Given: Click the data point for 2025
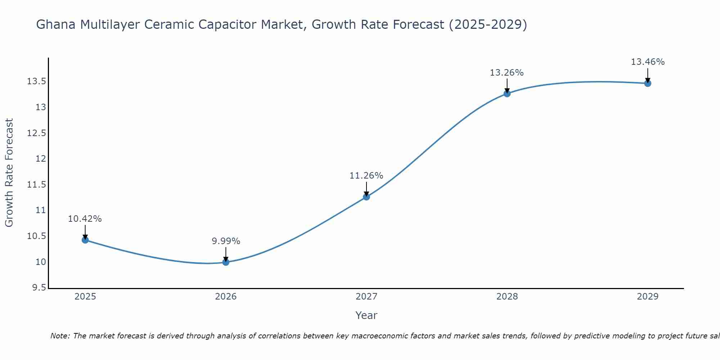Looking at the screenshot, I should pos(85,240).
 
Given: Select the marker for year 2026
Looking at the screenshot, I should pos(226,262).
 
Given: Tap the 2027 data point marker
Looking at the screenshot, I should pos(366,197).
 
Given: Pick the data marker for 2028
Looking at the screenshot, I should pos(507,94).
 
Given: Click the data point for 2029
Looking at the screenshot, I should pos(648,84).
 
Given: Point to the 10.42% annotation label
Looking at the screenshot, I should pos(85,219).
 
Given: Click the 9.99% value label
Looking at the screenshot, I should pos(226,241).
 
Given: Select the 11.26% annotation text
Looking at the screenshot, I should pos(366,176).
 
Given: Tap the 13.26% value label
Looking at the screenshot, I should pos(507,73).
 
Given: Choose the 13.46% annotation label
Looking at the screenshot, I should pos(648,62).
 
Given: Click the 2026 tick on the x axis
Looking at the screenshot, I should pos(226,297).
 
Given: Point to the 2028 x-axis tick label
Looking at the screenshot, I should pos(507,297).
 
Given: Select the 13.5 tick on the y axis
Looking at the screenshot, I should pos(36,81).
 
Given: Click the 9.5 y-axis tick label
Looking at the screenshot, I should pos(39,288).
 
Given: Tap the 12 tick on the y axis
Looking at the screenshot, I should pos(41,159).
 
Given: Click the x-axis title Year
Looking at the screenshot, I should pos(366,315).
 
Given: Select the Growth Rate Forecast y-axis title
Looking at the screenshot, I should pos(9,172).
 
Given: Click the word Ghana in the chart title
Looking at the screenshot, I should pos(56,24).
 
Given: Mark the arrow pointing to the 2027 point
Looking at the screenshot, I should pos(366,189).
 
